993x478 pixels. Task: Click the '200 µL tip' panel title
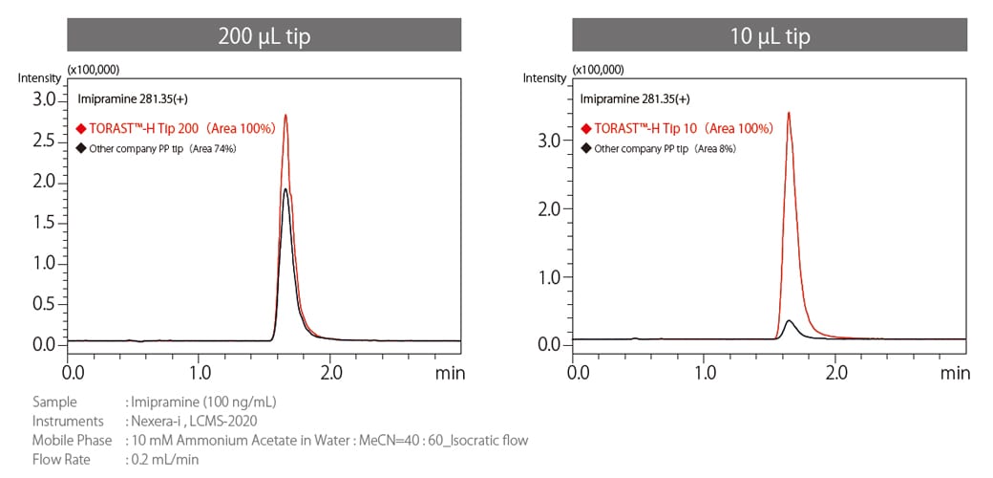point(263,36)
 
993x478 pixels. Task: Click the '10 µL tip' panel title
point(769,36)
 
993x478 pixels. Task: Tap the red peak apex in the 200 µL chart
point(285,117)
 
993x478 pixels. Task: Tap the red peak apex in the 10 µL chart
point(788,114)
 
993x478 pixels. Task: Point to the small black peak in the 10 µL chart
point(788,322)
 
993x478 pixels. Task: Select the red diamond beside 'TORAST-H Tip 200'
point(80,128)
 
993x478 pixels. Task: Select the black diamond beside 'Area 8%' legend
point(585,148)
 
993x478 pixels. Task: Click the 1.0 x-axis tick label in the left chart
point(200,372)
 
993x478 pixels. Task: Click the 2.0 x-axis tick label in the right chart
point(835,372)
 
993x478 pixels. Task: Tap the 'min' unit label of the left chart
point(450,373)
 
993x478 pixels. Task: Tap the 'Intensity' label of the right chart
point(544,77)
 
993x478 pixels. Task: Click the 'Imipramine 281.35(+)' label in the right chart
point(635,98)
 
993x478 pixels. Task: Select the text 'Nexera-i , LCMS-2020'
point(191,421)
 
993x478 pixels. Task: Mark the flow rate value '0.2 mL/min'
point(162,459)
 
